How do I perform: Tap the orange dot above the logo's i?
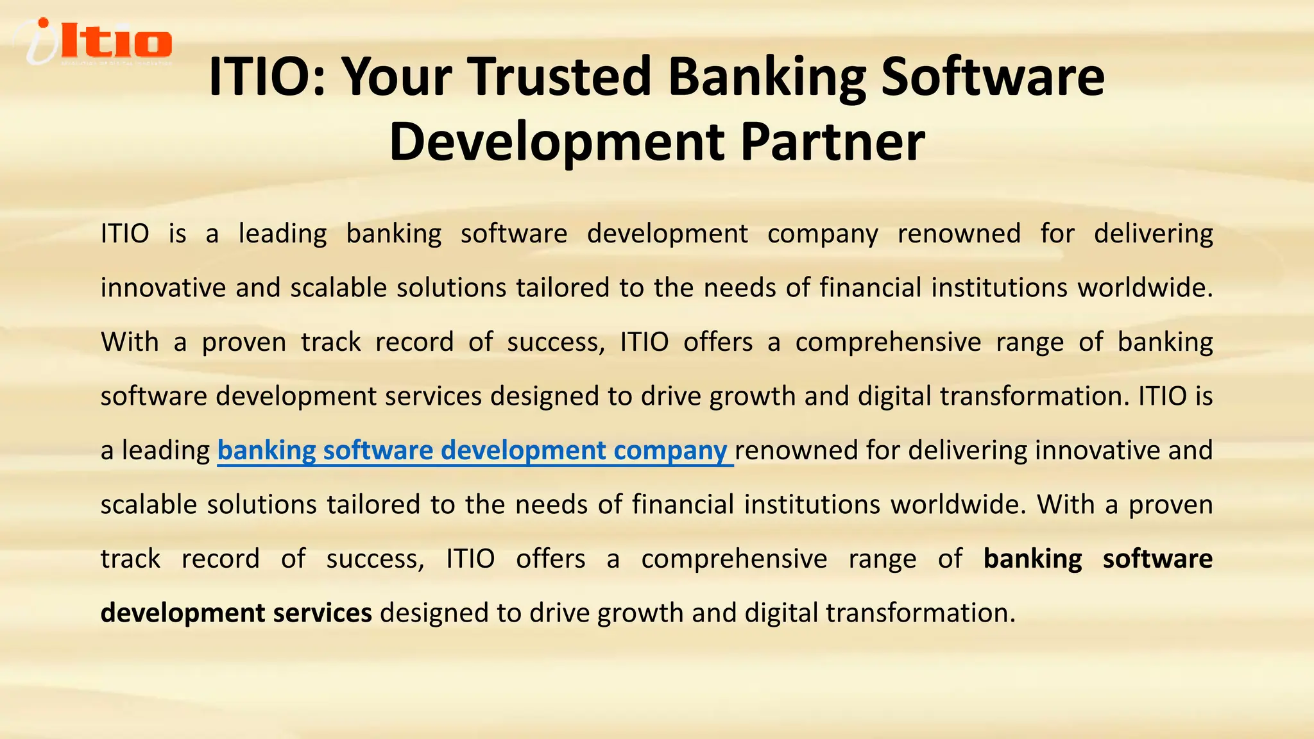click(x=44, y=24)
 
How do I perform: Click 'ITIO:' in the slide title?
click(x=268, y=77)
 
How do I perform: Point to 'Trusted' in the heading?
click(x=559, y=77)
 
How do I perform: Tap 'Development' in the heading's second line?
click(x=556, y=142)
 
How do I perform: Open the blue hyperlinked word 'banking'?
click(x=266, y=450)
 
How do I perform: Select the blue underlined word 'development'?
click(x=523, y=450)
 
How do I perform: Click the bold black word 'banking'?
click(x=1032, y=559)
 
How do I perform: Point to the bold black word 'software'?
click(x=1157, y=559)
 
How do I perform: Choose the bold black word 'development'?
click(x=182, y=613)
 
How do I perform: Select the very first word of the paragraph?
click(x=125, y=234)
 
